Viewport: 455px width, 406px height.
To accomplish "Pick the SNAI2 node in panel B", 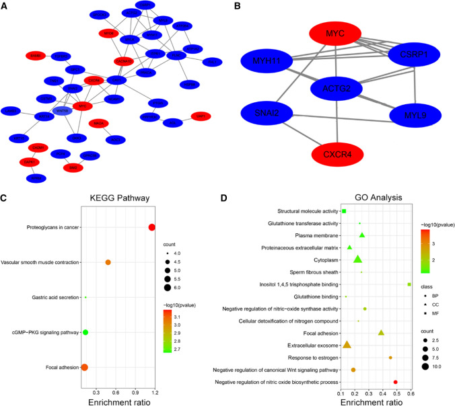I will [x=273, y=112].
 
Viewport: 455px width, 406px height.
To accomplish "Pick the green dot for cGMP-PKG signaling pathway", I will [x=85, y=332].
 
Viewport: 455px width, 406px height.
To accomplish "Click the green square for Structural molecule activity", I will [x=344, y=211].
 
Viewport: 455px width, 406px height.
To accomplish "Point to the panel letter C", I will [x=5, y=198].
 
